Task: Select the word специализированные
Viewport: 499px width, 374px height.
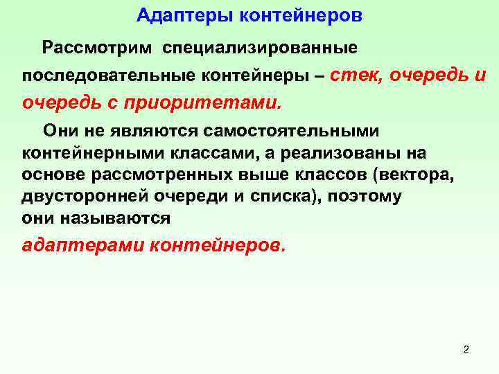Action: coord(261,48)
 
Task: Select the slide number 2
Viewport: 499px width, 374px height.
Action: coord(466,350)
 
